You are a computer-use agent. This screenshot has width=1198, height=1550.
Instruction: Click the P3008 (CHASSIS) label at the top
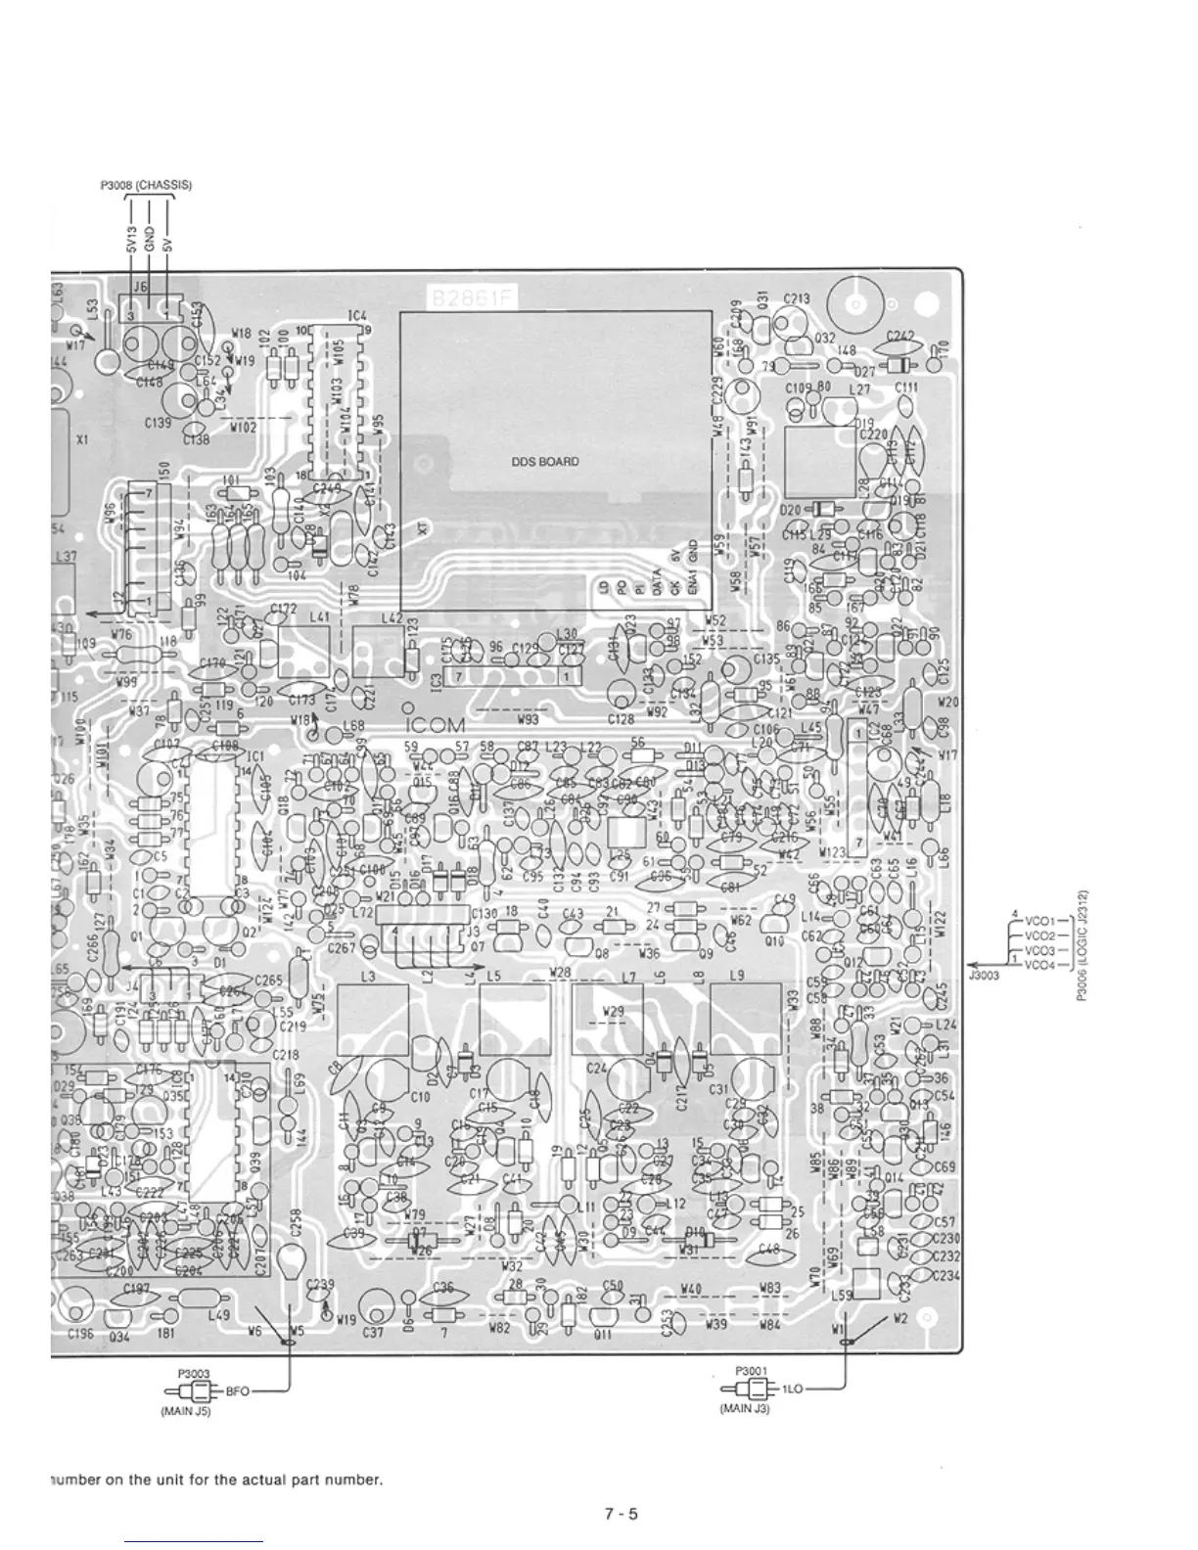click(x=146, y=185)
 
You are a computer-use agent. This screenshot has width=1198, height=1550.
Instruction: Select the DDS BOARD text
click(x=545, y=462)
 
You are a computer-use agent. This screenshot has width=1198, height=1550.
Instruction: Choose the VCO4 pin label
click(x=1038, y=966)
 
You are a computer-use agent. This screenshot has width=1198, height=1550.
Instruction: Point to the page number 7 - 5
click(x=621, y=1514)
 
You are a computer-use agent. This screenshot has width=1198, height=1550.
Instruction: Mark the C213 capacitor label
click(x=796, y=298)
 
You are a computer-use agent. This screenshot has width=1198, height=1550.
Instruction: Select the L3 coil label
click(x=367, y=977)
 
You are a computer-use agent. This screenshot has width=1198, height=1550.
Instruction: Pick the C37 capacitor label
click(x=373, y=1332)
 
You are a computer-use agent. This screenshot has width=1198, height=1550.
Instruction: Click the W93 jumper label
click(x=528, y=719)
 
